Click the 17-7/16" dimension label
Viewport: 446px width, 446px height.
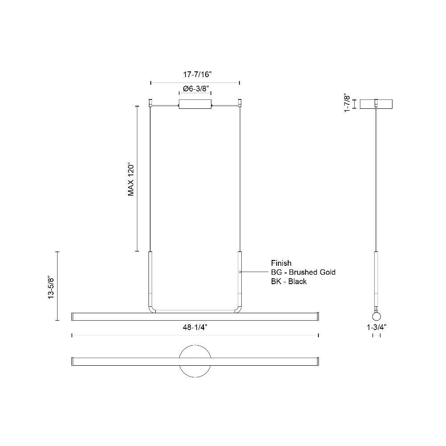point(198,74)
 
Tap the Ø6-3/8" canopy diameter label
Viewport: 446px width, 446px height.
point(196,89)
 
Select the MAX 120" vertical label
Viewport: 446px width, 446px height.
point(131,179)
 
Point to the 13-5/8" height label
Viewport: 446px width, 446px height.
point(51,287)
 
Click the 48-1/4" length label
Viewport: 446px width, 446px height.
point(195,328)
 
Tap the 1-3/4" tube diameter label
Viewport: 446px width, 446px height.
point(376,327)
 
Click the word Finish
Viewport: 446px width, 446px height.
point(281,263)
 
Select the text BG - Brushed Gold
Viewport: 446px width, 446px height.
point(303,272)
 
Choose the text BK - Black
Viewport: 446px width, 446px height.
point(289,281)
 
